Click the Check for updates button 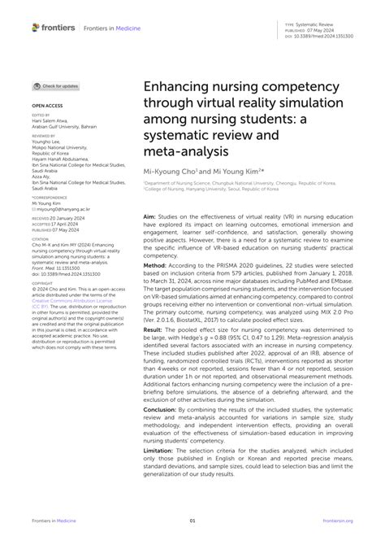click(56, 85)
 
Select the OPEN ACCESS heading click(46, 106)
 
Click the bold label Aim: click(149, 217)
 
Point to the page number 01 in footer click(192, 521)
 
